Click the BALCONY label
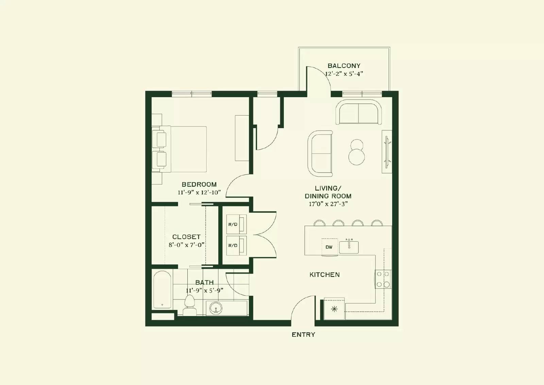344,66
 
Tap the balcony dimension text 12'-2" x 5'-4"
344,74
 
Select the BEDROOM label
199,185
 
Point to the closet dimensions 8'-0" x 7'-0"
186,245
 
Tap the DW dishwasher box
329,247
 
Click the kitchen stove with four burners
383,279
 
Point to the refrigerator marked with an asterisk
334,309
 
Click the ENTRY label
303,335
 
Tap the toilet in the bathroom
189,305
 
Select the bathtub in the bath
162,290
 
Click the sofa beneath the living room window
359,112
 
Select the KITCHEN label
324,275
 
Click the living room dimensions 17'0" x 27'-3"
328,204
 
